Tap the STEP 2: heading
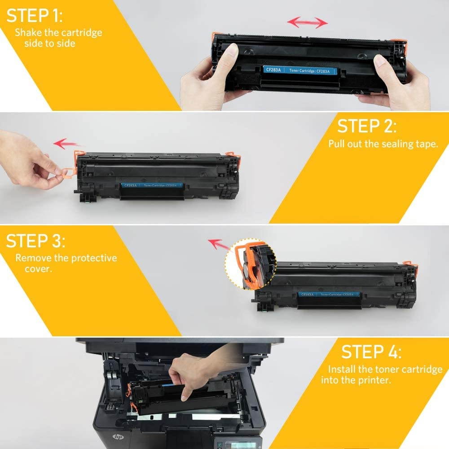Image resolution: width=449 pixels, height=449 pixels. (x=367, y=126)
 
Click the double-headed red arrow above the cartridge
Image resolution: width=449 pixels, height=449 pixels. (x=308, y=22)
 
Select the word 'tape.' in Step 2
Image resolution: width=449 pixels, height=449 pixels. (x=426, y=144)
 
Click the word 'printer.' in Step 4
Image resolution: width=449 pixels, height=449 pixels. (x=374, y=380)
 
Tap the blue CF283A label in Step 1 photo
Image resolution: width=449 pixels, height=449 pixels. (x=299, y=70)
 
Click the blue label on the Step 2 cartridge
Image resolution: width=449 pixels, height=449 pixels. (x=153, y=185)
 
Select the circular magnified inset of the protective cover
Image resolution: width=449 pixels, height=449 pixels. (x=251, y=264)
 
